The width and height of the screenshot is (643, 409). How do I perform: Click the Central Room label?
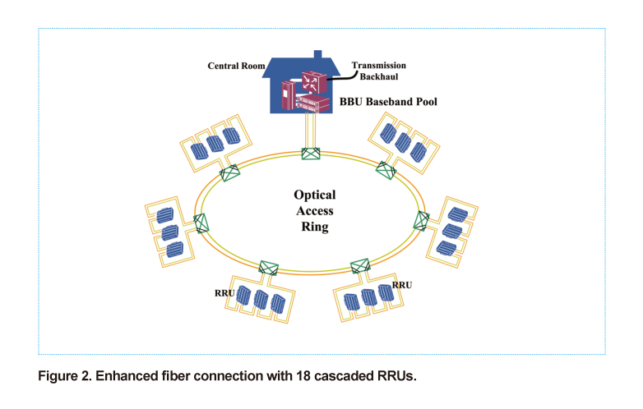(236, 66)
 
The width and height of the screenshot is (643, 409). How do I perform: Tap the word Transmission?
(378, 66)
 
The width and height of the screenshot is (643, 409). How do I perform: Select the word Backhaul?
(379, 76)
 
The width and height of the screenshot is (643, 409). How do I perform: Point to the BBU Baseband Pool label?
(388, 102)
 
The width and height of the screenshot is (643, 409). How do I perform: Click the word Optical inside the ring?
(315, 195)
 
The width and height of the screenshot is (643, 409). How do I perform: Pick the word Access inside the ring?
(315, 211)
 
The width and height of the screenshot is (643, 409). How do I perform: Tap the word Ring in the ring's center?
(315, 227)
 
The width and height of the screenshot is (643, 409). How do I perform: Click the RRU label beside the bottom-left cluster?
(224, 293)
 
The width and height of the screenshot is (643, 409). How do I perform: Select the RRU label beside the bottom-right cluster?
(402, 285)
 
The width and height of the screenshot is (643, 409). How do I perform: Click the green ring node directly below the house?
(311, 154)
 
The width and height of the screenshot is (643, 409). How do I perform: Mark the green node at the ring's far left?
(201, 223)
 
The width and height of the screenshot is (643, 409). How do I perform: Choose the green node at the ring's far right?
(421, 221)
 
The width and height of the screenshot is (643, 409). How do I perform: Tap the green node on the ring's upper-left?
(229, 172)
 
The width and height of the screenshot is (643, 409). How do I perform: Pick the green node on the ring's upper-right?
(386, 170)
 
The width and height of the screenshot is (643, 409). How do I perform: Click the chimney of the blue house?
(318, 55)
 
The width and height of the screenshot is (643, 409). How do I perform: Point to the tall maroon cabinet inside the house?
(288, 95)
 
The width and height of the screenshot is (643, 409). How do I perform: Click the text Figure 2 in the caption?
(65, 376)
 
